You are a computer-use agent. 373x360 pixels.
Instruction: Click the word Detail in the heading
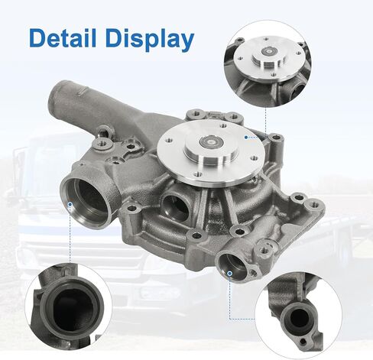63,38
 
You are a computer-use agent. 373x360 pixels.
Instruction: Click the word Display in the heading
150,40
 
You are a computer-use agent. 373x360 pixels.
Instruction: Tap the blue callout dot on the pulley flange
246,138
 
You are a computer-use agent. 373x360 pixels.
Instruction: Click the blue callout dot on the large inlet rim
70,204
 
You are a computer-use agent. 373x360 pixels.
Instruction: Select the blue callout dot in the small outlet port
230,274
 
